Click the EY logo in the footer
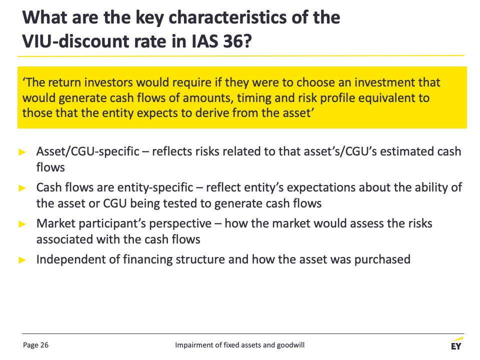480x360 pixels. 456,343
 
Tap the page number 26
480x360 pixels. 44,345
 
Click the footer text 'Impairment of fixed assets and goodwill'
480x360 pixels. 239,345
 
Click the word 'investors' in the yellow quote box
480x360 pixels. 108,82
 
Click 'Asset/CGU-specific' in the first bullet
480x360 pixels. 88,151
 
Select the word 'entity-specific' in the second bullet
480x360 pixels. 155,187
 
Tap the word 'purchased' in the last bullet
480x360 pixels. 382,259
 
